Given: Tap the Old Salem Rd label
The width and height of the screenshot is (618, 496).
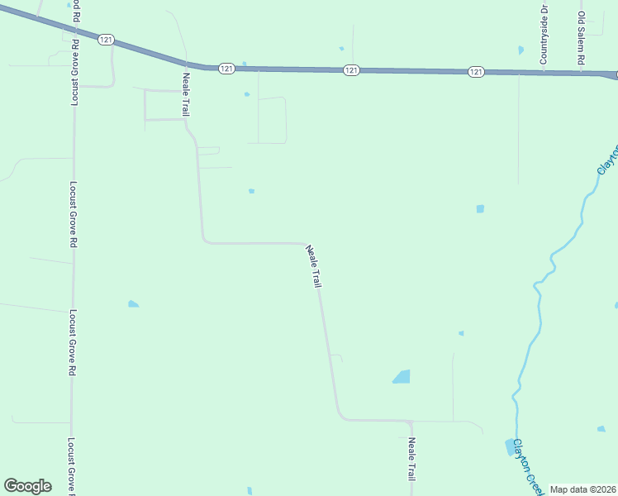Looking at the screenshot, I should pyautogui.click(x=582, y=38).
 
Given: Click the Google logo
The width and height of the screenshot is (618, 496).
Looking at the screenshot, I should pyautogui.click(x=27, y=486).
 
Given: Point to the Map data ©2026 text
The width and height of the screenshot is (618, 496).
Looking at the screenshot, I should pyautogui.click(x=582, y=489).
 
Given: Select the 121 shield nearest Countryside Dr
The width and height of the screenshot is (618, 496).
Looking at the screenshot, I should pyautogui.click(x=476, y=73).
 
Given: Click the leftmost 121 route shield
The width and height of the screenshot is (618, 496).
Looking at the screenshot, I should pyautogui.click(x=104, y=40).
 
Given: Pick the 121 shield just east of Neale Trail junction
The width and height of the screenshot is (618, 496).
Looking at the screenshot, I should pyautogui.click(x=226, y=69).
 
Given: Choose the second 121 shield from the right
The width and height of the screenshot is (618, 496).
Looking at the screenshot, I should pyautogui.click(x=351, y=71).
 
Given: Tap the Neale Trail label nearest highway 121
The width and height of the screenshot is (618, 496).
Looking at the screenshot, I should pyautogui.click(x=187, y=93).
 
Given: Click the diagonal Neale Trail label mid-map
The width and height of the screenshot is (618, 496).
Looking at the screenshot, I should pyautogui.click(x=313, y=266).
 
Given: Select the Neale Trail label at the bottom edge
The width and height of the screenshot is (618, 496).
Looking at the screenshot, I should pyautogui.click(x=411, y=459).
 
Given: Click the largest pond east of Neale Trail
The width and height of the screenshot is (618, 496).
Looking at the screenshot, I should pyautogui.click(x=402, y=377).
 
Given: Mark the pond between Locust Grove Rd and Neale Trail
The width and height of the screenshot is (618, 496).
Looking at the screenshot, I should pyautogui.click(x=133, y=304).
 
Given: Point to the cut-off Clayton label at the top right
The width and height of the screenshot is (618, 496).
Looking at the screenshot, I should pyautogui.click(x=608, y=159).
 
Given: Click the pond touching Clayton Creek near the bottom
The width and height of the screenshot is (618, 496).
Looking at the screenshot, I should pyautogui.click(x=509, y=447).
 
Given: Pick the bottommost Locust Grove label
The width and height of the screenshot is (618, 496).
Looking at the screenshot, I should pyautogui.click(x=72, y=466).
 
